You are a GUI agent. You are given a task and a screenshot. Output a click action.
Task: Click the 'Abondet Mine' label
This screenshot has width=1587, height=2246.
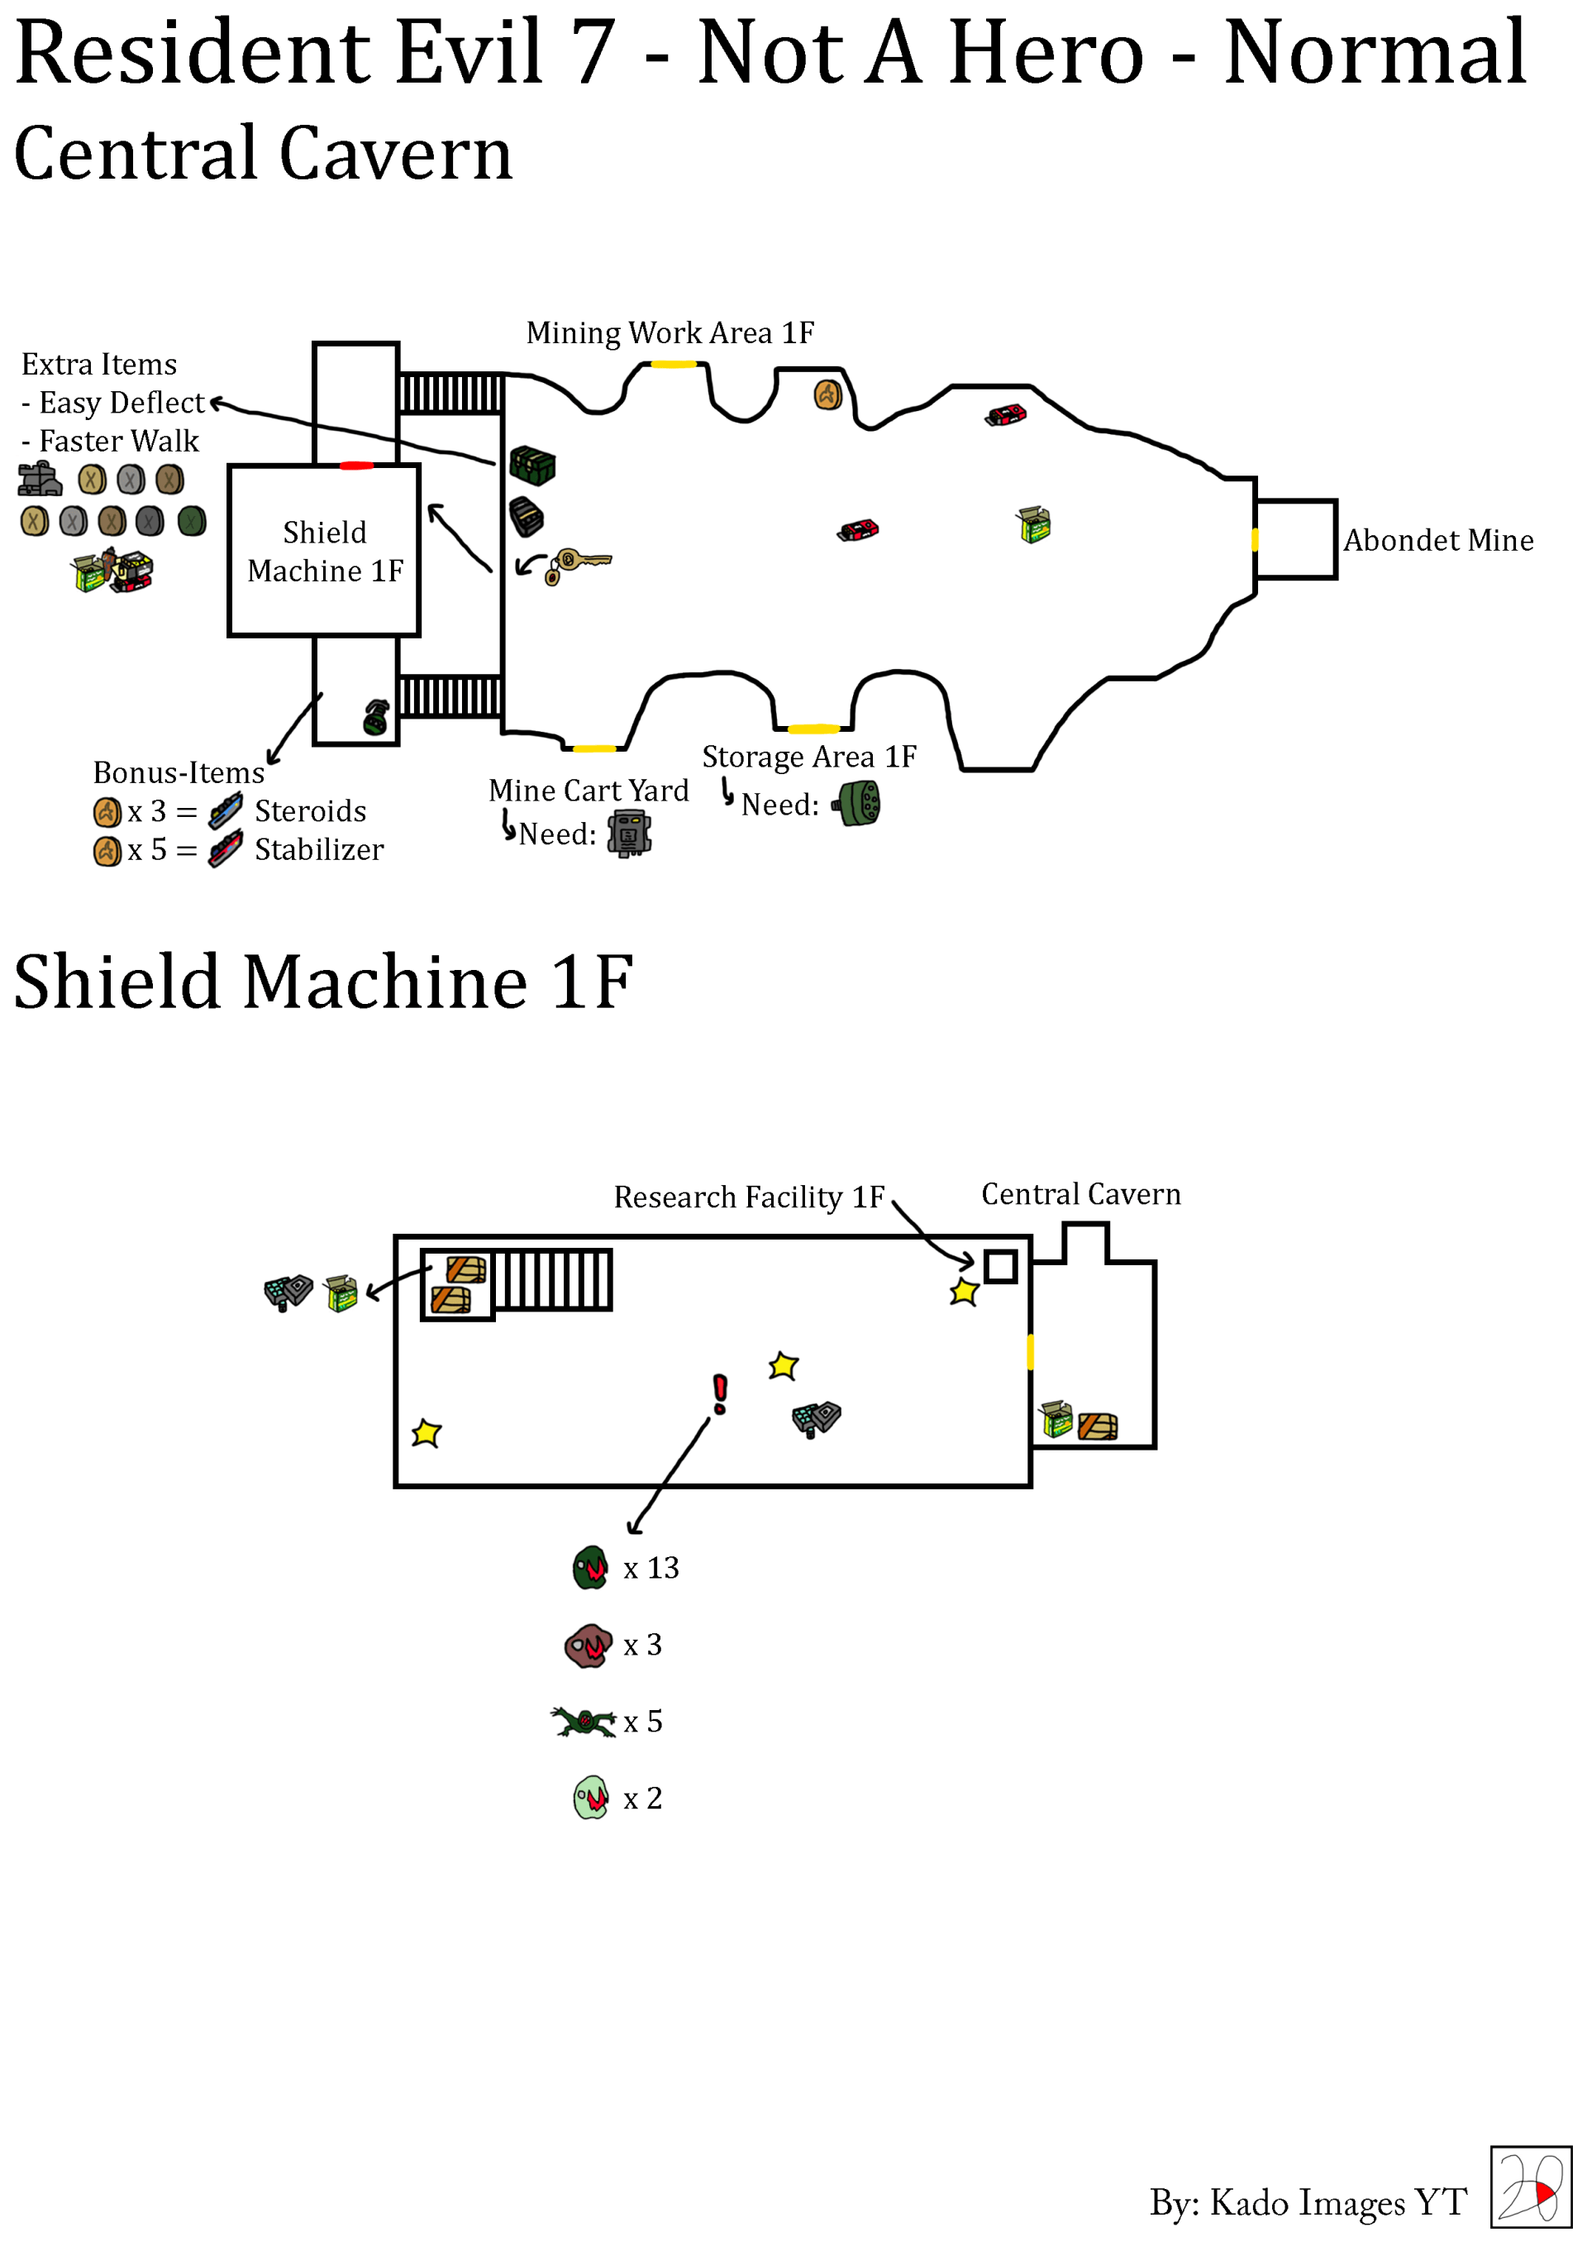click(1437, 540)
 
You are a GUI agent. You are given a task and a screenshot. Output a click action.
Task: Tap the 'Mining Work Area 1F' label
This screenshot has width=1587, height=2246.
click(670, 333)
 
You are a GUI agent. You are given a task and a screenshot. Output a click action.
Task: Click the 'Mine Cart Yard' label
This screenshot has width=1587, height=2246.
click(589, 791)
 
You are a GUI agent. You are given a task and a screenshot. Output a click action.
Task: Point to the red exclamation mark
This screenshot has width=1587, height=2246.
click(721, 1394)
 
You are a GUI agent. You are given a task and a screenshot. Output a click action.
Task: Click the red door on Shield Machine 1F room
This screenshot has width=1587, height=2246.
click(356, 466)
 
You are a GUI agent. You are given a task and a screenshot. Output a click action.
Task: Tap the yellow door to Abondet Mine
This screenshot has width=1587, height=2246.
click(1255, 539)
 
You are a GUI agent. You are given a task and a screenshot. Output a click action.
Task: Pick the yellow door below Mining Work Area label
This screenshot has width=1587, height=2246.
click(674, 364)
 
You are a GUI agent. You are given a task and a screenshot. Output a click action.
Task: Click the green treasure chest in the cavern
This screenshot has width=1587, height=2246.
click(533, 466)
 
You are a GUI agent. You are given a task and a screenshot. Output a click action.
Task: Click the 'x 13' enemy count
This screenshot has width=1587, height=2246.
click(651, 1568)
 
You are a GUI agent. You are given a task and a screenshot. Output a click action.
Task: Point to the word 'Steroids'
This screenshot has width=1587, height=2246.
click(310, 811)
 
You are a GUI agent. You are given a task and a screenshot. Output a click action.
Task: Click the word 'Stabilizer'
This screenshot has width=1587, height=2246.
click(319, 850)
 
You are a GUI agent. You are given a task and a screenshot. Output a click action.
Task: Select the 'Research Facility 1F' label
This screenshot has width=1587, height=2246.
click(748, 1197)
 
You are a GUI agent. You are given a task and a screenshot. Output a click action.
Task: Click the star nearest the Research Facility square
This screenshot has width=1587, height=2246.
click(964, 1293)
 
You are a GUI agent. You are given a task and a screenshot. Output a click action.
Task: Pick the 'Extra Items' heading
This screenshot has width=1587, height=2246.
click(98, 365)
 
